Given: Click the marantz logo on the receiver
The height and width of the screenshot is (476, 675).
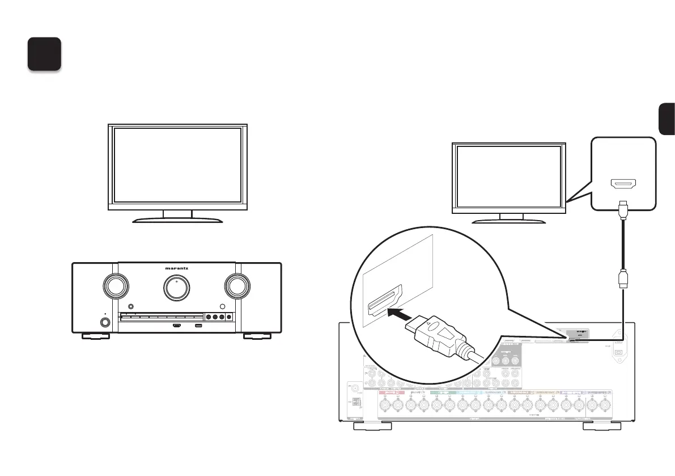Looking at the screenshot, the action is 176,269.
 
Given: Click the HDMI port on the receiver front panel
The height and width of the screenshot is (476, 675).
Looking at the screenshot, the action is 177,326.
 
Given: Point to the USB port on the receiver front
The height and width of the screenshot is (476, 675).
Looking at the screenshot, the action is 198,326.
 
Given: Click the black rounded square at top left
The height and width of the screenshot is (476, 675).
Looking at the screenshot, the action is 44,54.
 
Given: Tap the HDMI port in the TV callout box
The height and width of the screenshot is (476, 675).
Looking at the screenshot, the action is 623,184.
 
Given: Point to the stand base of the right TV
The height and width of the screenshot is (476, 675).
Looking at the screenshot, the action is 508,220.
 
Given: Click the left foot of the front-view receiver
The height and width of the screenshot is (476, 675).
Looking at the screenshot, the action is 95,336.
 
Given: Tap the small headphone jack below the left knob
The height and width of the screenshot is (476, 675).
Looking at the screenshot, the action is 105,323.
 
